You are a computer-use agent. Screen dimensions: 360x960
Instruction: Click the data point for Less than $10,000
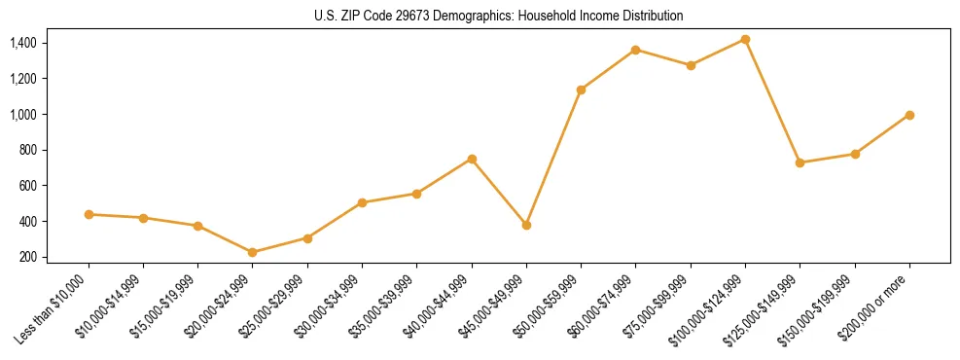(89, 214)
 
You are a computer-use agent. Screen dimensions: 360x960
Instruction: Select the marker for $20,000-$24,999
(253, 252)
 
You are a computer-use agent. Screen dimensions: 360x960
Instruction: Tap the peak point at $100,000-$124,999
(745, 39)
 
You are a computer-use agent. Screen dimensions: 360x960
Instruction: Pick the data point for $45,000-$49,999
(526, 225)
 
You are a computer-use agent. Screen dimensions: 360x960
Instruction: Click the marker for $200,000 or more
(909, 115)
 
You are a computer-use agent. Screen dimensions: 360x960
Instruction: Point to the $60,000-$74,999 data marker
(635, 50)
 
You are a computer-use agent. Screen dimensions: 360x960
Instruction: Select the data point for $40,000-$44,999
(472, 159)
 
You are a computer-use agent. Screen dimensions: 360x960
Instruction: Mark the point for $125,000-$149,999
(800, 162)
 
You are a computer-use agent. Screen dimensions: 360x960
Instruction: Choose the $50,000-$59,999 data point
(581, 90)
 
